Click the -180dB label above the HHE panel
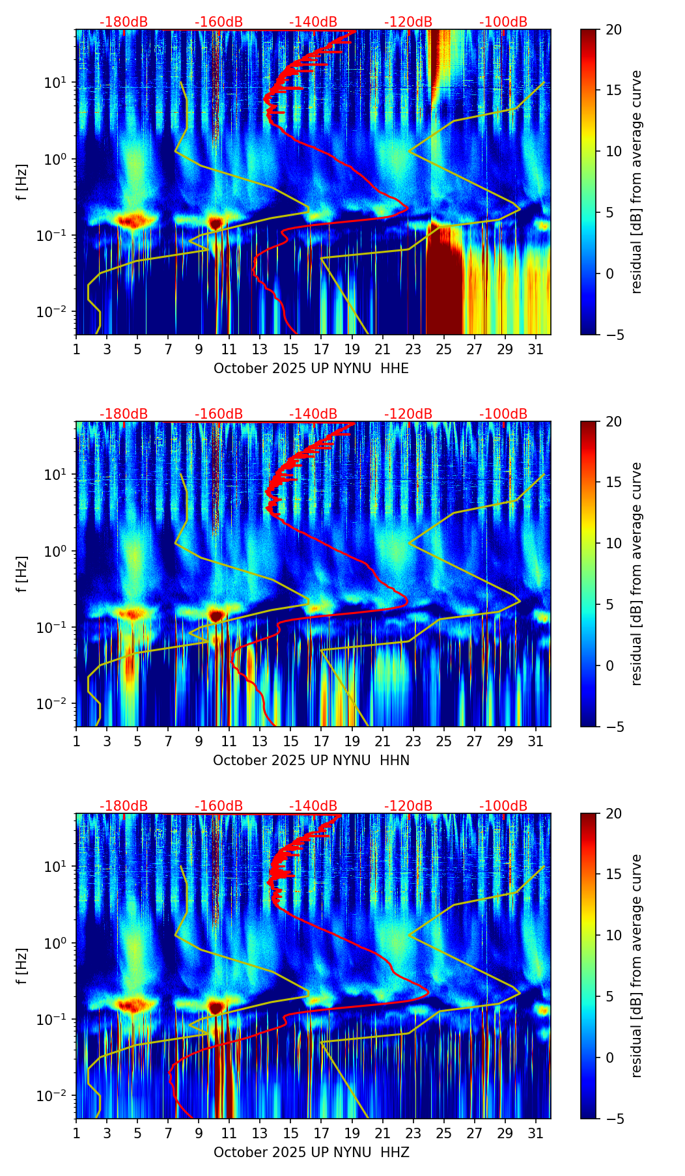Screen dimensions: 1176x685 [124, 22]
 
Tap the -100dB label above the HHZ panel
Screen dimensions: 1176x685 [503, 806]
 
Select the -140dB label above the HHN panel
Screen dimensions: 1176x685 [313, 414]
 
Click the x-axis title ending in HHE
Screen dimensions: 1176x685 [311, 369]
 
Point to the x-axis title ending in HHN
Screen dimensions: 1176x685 [311, 761]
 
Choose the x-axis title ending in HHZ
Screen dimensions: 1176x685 [311, 1153]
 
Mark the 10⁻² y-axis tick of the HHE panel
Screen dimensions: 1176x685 [51, 313]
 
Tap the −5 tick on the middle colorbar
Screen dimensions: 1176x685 [613, 727]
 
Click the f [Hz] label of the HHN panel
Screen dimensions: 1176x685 [22, 574]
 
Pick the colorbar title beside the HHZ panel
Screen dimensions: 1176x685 [636, 966]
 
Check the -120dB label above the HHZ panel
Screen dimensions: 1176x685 [408, 806]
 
